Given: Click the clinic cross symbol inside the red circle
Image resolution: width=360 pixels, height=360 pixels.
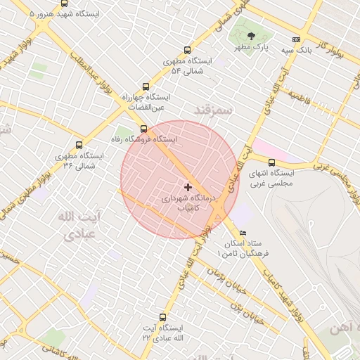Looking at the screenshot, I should (187, 187).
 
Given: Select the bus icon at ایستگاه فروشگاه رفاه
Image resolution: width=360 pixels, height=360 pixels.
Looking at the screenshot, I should (144, 129).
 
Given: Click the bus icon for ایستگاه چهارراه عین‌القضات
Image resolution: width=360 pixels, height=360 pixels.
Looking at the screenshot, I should (146, 86).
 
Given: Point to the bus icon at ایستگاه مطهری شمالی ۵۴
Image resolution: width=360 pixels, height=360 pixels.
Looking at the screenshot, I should (187, 50).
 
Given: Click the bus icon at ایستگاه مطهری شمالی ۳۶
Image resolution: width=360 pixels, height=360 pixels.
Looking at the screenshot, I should (79, 145).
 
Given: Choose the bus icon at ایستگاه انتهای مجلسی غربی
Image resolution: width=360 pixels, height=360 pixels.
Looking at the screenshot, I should (271, 162).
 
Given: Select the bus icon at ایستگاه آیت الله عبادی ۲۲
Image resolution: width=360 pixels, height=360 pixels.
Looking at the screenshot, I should (163, 317).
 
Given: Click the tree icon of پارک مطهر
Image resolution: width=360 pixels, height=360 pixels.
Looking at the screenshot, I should (252, 37).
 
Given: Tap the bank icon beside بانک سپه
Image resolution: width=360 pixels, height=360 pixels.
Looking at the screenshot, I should (296, 40).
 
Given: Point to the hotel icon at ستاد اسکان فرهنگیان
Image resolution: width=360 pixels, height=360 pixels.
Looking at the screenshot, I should (243, 233).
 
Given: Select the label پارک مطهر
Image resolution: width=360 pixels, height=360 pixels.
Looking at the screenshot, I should (252, 49).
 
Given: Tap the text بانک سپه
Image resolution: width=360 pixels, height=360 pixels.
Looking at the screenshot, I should (296, 51).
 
